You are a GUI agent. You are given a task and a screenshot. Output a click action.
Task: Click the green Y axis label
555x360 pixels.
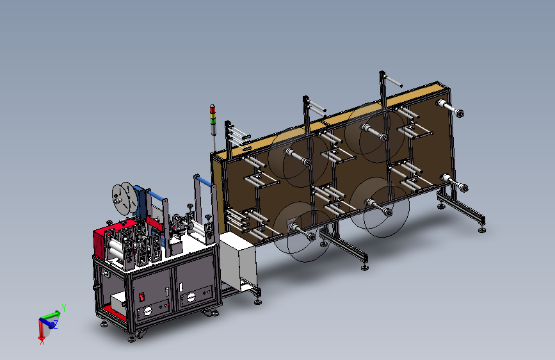tap(64, 307)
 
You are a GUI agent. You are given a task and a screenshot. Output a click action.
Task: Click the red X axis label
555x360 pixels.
tap(42, 342)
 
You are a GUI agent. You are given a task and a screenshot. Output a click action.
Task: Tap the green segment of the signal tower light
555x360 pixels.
tap(213, 120)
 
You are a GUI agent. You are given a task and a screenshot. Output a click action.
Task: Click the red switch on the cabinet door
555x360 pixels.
tap(141, 296)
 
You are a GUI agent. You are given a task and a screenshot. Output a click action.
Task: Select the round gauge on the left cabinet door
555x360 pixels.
tap(148, 311)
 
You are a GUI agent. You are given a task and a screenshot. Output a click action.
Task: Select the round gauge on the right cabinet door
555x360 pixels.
tap(191, 298)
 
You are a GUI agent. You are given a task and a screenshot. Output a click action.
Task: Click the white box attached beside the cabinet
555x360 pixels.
tap(238, 261)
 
